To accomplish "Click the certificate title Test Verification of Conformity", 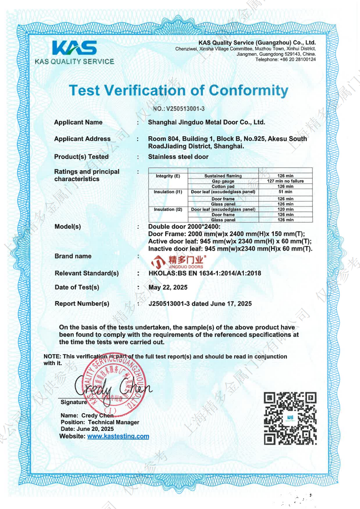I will (x=178, y=90).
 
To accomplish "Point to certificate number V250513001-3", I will (x=179, y=109).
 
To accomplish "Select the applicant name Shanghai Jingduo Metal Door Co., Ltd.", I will (x=207, y=122).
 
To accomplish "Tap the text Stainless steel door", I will (x=178, y=157).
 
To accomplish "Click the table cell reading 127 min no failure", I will (x=285, y=181).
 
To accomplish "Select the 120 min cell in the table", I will (x=285, y=209).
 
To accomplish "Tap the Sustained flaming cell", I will (x=223, y=176).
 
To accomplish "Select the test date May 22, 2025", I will (x=168, y=287).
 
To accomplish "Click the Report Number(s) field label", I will (x=82, y=303).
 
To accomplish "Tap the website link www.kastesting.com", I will (x=118, y=436).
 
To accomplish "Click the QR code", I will (x=290, y=417).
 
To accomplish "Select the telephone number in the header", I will (x=286, y=59).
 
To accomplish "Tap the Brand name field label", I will (x=73, y=256).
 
